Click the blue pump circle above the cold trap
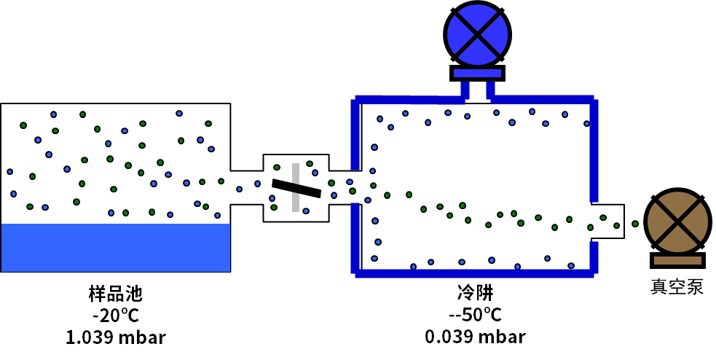(x=477, y=34)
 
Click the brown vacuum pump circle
(x=677, y=222)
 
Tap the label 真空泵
(x=677, y=286)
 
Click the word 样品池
(x=115, y=294)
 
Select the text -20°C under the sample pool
(x=115, y=316)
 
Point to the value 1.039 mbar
(x=115, y=337)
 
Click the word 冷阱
(x=475, y=294)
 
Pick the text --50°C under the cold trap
(x=475, y=316)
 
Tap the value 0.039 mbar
(x=475, y=337)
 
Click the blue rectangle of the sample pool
(x=115, y=248)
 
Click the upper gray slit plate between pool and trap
(x=296, y=173)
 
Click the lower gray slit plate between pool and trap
(x=296, y=202)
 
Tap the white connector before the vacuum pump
(x=626, y=222)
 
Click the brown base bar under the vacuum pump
(x=677, y=260)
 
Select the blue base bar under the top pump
(x=477, y=73)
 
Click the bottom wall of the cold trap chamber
(x=474, y=273)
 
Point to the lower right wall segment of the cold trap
(x=594, y=257)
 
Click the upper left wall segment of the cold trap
(x=355, y=135)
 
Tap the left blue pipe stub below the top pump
(x=465, y=90)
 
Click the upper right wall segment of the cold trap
(x=594, y=149)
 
